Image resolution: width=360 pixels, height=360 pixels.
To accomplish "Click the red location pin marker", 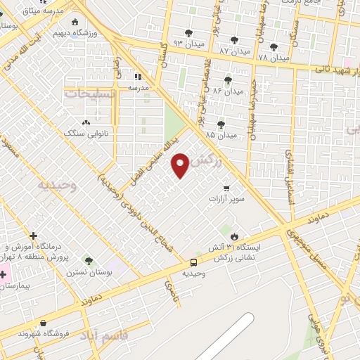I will pyautogui.click(x=181, y=165).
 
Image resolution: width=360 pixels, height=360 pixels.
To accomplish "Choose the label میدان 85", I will pyautogui.click(x=221, y=134).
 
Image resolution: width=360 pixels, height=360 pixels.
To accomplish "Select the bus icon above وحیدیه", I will pyautogui.click(x=193, y=262).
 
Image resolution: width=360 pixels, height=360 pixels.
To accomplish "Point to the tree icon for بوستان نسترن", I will pyautogui.click(x=88, y=260).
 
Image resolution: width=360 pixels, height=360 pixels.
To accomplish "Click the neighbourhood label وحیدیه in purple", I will pyautogui.click(x=57, y=185).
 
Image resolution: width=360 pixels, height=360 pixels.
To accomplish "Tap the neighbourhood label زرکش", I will pyautogui.click(x=211, y=161).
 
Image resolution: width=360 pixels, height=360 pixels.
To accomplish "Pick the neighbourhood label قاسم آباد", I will pyautogui.click(x=103, y=332).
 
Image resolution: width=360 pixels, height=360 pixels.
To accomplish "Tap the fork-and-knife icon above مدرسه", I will pyautogui.click(x=138, y=76).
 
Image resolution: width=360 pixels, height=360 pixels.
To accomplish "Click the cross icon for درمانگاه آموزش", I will pyautogui.click(x=33, y=236).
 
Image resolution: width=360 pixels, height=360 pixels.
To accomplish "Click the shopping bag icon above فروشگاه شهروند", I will pyautogui.click(x=44, y=323).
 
